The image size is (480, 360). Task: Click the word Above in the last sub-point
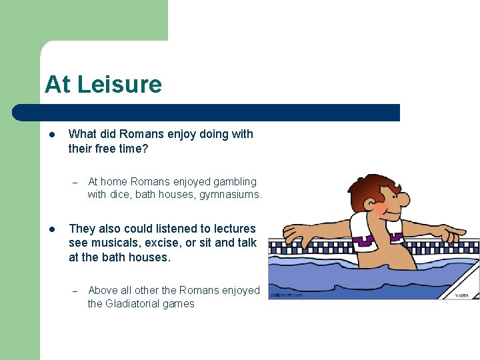[x=102, y=290]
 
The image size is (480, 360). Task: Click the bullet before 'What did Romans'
[x=51, y=134]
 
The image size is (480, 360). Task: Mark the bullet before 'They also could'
[x=51, y=229]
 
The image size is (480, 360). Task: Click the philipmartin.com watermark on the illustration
[x=287, y=295]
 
